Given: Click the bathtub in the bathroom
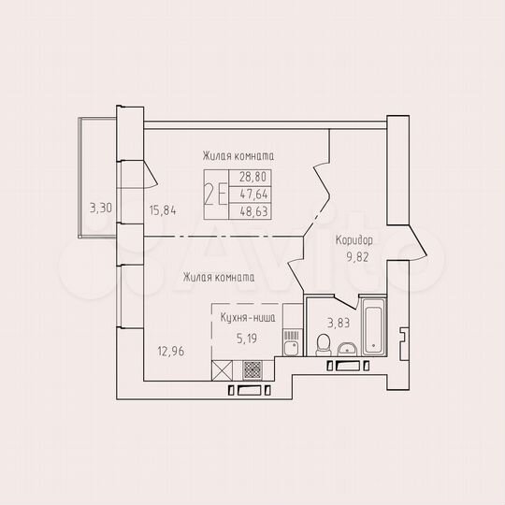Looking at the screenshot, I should pos(373,328).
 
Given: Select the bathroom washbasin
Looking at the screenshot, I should pos(346,350).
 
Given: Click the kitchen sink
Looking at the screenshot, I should pos(291,351).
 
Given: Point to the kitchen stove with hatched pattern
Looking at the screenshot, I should pos(291,333).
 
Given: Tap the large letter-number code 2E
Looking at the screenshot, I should pos(218,195).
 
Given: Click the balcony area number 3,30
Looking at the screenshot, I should pos(100,208).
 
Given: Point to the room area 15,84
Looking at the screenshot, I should pos(163,209).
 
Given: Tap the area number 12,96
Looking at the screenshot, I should pos(171,353).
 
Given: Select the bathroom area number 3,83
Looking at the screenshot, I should pos(337,324).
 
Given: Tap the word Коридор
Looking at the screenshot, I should pos(353,239).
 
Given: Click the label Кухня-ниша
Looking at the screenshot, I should pos(247,319).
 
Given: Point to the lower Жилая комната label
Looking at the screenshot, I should pos(219,277).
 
